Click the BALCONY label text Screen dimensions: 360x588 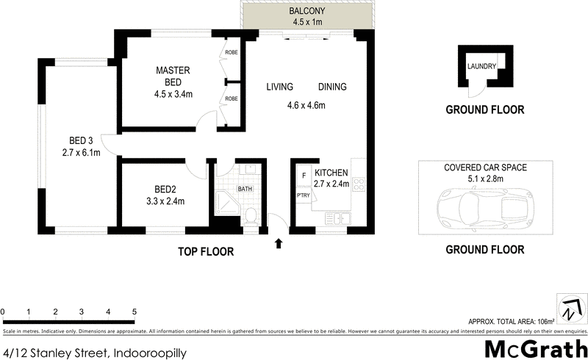[x=307, y=12]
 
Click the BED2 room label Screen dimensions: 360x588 [x=159, y=187]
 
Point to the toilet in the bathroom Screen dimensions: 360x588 [x=251, y=215]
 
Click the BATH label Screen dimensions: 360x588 [x=245, y=189]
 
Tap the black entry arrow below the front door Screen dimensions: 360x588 [x=279, y=243]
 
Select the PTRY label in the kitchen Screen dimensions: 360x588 [x=303, y=196]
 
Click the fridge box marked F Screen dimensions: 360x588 [x=303, y=177]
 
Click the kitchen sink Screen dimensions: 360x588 [x=339, y=217]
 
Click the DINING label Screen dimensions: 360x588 [x=332, y=87]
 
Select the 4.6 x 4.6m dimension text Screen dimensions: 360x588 [x=306, y=105]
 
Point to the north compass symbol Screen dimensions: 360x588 [x=570, y=309]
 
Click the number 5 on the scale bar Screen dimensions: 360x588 [x=134, y=312]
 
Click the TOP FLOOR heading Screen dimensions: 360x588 [x=206, y=252]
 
